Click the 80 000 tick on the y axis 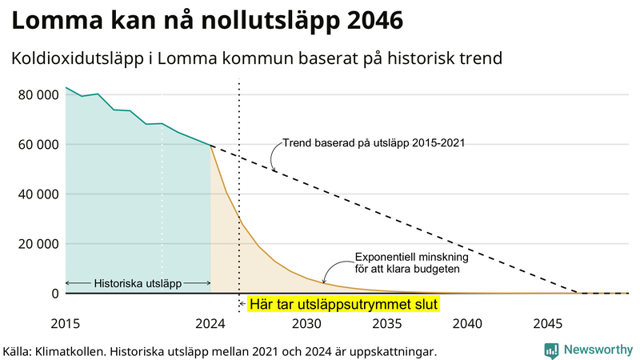[38, 95]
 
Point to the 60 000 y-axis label [38, 145]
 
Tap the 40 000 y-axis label [38, 194]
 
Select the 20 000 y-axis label [38, 244]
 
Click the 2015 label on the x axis [66, 324]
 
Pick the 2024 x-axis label [210, 324]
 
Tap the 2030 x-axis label [306, 324]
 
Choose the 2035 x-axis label [387, 324]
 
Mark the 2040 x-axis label [467, 324]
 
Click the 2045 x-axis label [548, 324]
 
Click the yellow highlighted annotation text [344, 305]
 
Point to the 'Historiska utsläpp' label [138, 283]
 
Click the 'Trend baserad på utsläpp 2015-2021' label [374, 144]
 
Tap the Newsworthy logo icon [551, 350]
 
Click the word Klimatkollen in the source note [76, 351]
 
